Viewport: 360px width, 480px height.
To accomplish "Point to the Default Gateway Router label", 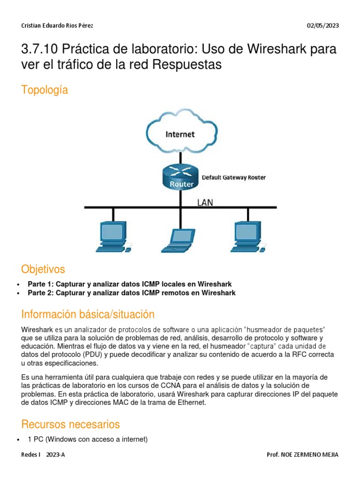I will (233, 178).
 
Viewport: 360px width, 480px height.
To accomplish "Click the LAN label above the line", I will (205, 202).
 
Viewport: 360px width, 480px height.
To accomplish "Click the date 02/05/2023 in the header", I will (322, 26).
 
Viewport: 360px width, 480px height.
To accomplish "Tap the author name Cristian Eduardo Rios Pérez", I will (60, 26).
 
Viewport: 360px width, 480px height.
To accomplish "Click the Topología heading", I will (45, 90).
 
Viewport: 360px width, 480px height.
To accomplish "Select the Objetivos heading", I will (43, 269).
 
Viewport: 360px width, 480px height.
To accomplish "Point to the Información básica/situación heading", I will (88, 314).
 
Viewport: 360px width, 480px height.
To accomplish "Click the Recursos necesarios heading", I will (70, 424).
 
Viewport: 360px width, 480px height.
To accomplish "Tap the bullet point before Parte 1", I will (18, 285).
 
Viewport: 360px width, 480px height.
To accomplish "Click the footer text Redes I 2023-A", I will (43, 455).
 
